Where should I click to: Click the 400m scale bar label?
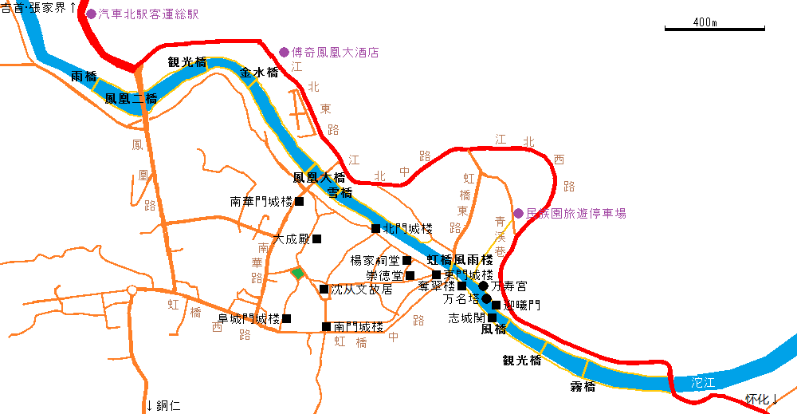click(705, 22)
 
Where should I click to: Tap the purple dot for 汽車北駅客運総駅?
click(91, 14)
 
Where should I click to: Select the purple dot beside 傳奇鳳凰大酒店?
click(284, 53)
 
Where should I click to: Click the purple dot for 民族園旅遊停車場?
click(518, 213)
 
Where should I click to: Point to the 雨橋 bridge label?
click(84, 77)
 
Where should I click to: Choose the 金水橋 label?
click(259, 73)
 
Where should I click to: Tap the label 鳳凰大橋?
click(319, 177)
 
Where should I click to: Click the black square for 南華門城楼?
click(300, 201)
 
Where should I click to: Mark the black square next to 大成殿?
click(316, 239)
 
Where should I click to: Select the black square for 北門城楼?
click(376, 228)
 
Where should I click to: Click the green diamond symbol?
click(297, 274)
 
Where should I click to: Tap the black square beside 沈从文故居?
click(324, 289)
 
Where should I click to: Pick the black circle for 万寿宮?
click(483, 286)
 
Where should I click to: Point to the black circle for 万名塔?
click(485, 299)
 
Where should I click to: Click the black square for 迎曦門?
click(497, 305)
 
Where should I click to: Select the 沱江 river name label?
click(704, 383)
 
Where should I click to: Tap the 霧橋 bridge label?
click(583, 387)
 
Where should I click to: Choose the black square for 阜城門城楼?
click(287, 318)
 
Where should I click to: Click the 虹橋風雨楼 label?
click(460, 260)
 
